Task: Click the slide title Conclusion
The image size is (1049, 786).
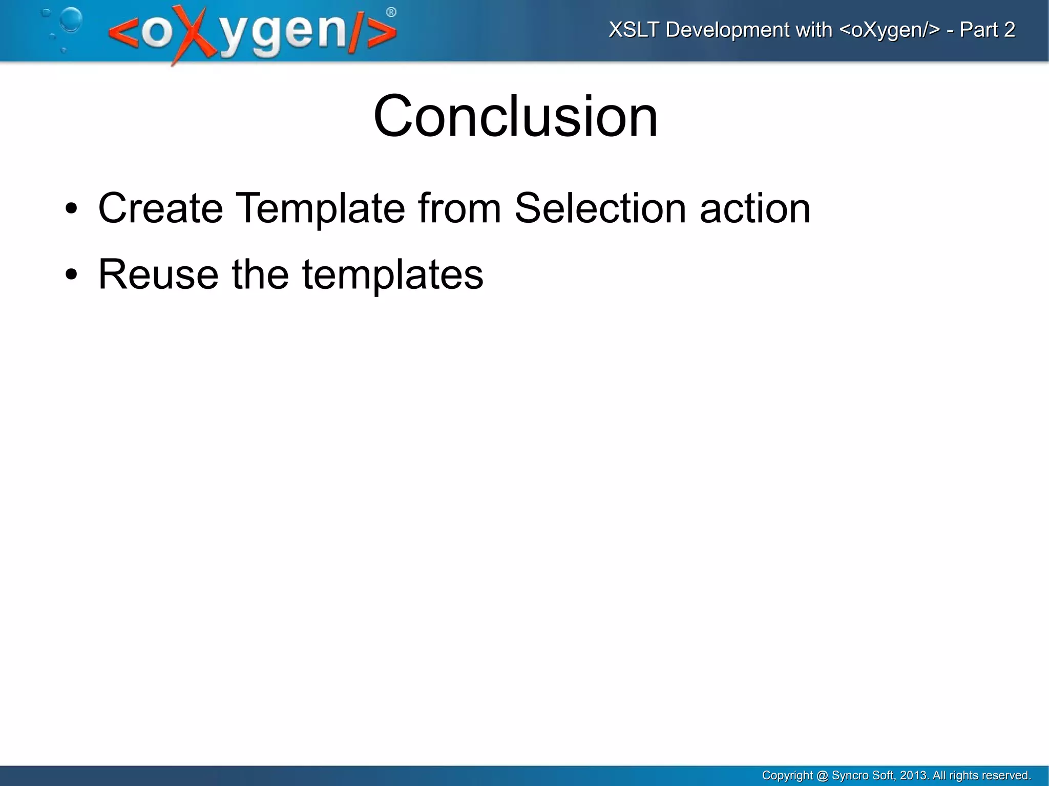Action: coord(515,116)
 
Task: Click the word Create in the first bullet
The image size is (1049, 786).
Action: coord(160,208)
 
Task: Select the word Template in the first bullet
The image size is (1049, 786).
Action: coord(320,208)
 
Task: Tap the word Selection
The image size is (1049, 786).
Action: coord(600,208)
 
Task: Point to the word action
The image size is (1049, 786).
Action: coord(755,209)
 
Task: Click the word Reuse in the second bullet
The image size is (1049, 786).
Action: coord(158,274)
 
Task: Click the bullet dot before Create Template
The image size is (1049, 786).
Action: coord(71,209)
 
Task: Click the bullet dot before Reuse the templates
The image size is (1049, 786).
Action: coord(71,275)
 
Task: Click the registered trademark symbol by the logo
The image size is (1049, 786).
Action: coord(391,12)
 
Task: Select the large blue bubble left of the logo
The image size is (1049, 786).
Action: coord(71,19)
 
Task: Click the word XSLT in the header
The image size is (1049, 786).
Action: coord(634,30)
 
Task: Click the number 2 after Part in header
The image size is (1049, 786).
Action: coord(1009,30)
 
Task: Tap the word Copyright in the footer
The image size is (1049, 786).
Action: coord(787,775)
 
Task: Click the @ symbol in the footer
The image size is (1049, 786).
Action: coord(822,775)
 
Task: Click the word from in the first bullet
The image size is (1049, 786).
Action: coord(459,208)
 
